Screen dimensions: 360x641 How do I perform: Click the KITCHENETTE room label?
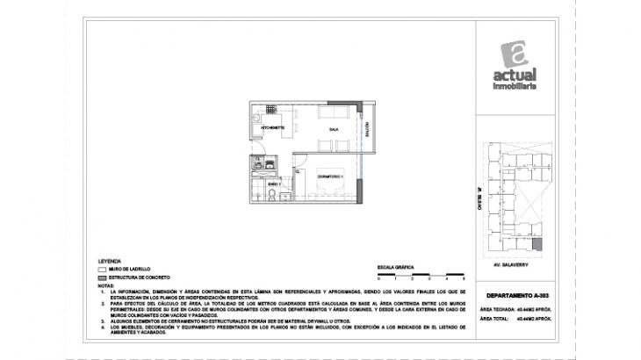(271, 128)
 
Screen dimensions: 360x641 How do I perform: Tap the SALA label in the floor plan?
(334, 128)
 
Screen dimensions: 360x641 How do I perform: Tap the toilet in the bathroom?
(272, 195)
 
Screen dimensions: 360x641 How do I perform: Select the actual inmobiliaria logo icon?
(519, 55)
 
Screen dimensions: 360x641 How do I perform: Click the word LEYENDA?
(111, 262)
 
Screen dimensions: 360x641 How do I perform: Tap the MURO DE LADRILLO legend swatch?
(103, 270)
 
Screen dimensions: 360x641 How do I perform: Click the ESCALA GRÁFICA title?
(396, 264)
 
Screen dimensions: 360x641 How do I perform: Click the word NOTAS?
(105, 285)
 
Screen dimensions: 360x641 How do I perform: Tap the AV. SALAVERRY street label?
(508, 261)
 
